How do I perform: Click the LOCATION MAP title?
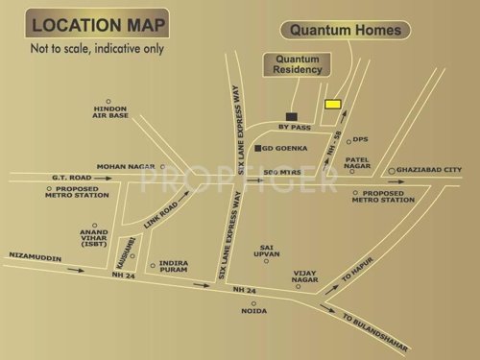tap(96, 24)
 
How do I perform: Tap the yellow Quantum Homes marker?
tap(332, 103)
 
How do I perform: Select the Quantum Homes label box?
tap(346, 31)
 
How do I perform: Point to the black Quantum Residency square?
tap(291, 114)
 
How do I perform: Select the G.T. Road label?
tap(45, 177)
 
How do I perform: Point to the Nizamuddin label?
tap(33, 254)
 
